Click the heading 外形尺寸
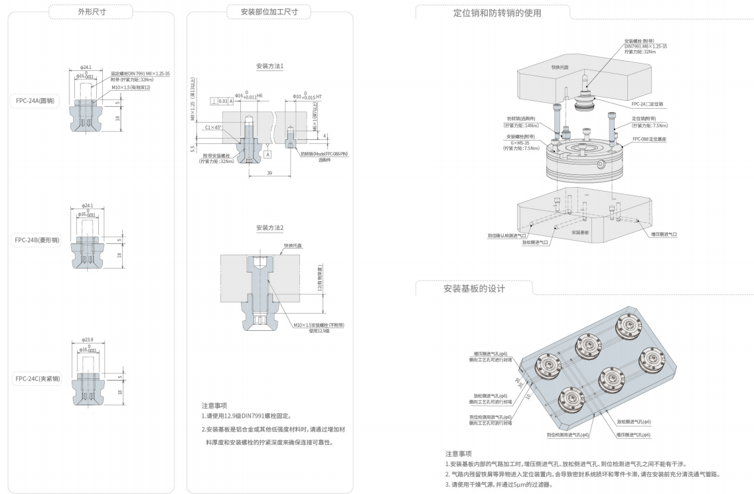click(x=90, y=11)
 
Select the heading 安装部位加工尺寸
click(x=271, y=11)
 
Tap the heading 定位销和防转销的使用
click(x=492, y=12)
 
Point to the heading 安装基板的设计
click(x=474, y=289)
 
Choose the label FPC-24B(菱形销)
click(x=37, y=240)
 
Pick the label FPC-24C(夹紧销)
click(x=38, y=379)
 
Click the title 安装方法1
click(x=269, y=66)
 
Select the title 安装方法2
click(x=269, y=227)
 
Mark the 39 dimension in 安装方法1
click(x=269, y=172)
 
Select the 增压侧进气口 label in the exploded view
click(x=664, y=233)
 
